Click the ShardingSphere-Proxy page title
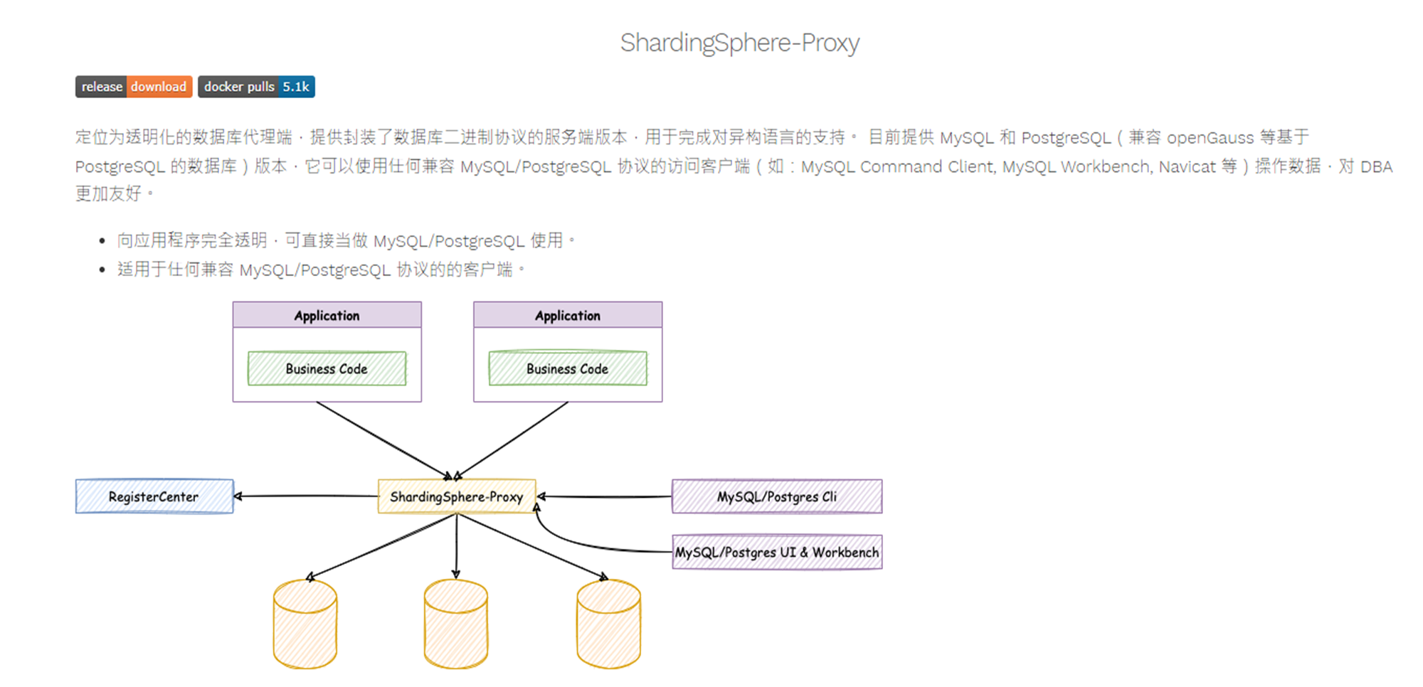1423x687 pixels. click(739, 43)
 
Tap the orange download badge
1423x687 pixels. click(159, 87)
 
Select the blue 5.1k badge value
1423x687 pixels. click(296, 87)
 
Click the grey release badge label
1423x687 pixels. click(102, 87)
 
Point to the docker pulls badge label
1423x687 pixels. click(239, 87)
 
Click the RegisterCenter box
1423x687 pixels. click(154, 496)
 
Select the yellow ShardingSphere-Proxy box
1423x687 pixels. click(456, 496)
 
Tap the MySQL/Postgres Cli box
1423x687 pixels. click(776, 496)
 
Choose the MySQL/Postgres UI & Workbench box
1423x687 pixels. click(776, 552)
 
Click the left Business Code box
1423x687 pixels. click(327, 368)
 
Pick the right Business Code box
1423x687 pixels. click(567, 368)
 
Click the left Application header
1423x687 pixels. click(327, 315)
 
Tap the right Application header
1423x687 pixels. click(567, 315)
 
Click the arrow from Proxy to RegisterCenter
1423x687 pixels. click(306, 496)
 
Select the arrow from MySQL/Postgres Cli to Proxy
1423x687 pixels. click(605, 496)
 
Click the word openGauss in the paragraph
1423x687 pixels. click(1210, 137)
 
